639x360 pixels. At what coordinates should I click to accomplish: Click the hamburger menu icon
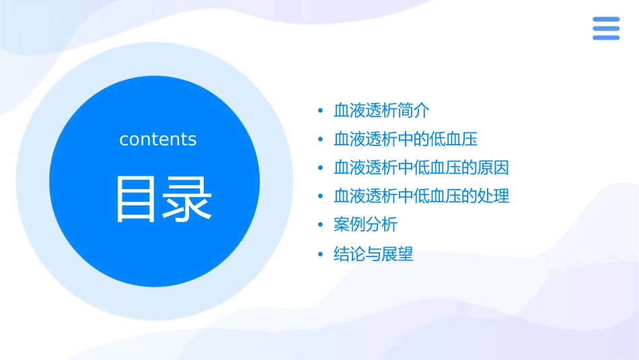pos(606,28)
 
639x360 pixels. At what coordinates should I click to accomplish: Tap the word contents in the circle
pos(158,139)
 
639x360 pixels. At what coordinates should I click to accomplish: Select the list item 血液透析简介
pos(381,110)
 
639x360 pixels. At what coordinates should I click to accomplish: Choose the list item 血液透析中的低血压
pos(406,139)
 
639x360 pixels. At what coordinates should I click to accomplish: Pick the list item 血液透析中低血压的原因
pos(422,168)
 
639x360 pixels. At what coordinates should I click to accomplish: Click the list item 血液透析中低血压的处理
pos(422,196)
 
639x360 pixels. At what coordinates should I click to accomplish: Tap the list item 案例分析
pos(365,225)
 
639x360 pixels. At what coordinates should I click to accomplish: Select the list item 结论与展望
pos(373,254)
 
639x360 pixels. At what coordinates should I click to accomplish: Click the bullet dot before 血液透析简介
pos(321,111)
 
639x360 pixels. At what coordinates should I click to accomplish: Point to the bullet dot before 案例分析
pos(321,225)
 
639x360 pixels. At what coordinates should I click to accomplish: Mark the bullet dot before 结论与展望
pos(321,255)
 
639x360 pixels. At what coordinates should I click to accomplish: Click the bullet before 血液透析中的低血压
pos(321,140)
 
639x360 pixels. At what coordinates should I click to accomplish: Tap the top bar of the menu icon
pos(606,20)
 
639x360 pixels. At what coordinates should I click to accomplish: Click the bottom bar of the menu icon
pos(606,37)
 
